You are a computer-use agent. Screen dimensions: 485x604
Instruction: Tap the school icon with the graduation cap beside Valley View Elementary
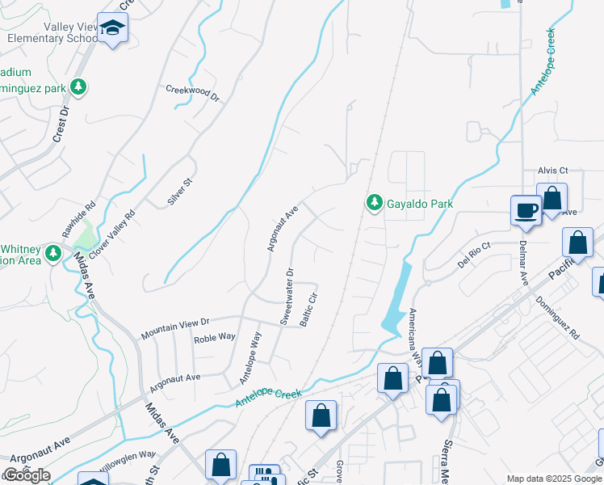pos(113,29)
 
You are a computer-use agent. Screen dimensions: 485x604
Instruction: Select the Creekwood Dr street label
pos(193,94)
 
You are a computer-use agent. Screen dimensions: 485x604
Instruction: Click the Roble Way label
pos(214,337)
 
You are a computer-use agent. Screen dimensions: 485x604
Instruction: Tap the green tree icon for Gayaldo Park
pos(374,203)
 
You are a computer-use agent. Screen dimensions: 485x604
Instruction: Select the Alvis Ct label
pos(553,171)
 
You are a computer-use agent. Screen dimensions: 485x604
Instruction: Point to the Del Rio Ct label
pos(474,255)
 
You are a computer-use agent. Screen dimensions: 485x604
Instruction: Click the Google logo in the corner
pos(26,475)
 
